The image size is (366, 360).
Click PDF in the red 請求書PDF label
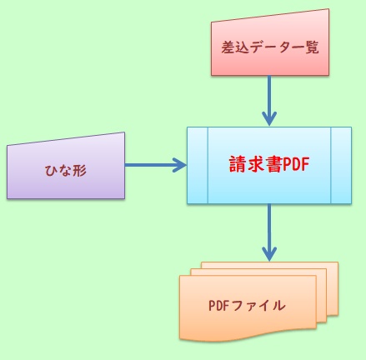click(x=296, y=164)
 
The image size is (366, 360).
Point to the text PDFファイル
click(x=247, y=305)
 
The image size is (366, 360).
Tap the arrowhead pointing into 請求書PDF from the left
click(x=178, y=165)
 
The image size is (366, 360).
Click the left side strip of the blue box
click(x=196, y=165)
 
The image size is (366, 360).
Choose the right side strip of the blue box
click(x=341, y=165)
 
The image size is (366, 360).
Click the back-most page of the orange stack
click(x=334, y=275)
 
